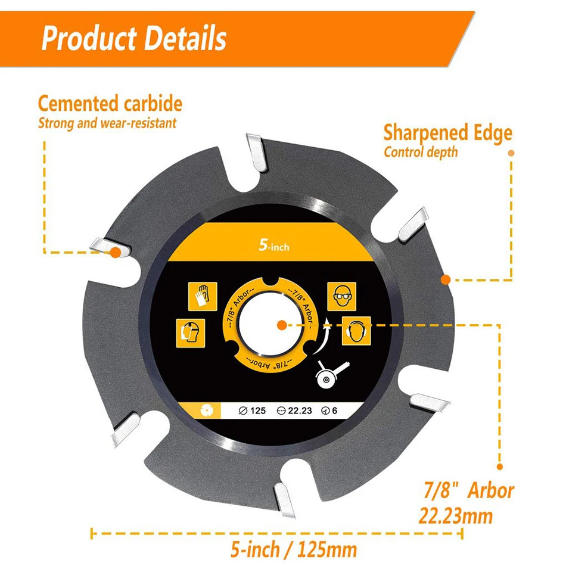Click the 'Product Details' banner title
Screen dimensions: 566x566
click(x=134, y=38)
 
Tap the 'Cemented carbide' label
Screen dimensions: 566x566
click(x=110, y=104)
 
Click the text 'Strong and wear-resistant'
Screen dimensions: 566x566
click(x=107, y=124)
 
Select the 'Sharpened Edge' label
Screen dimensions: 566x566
click(x=447, y=132)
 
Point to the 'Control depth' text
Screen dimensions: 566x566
click(x=421, y=152)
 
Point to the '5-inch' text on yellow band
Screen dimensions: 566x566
click(x=273, y=245)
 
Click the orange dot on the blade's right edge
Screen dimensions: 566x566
click(x=444, y=279)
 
